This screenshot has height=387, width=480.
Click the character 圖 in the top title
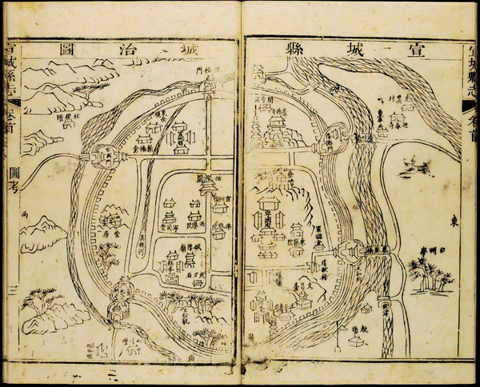pyautogui.click(x=67, y=50)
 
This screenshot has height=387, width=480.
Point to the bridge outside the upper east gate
pyautogui.click(x=362, y=137)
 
